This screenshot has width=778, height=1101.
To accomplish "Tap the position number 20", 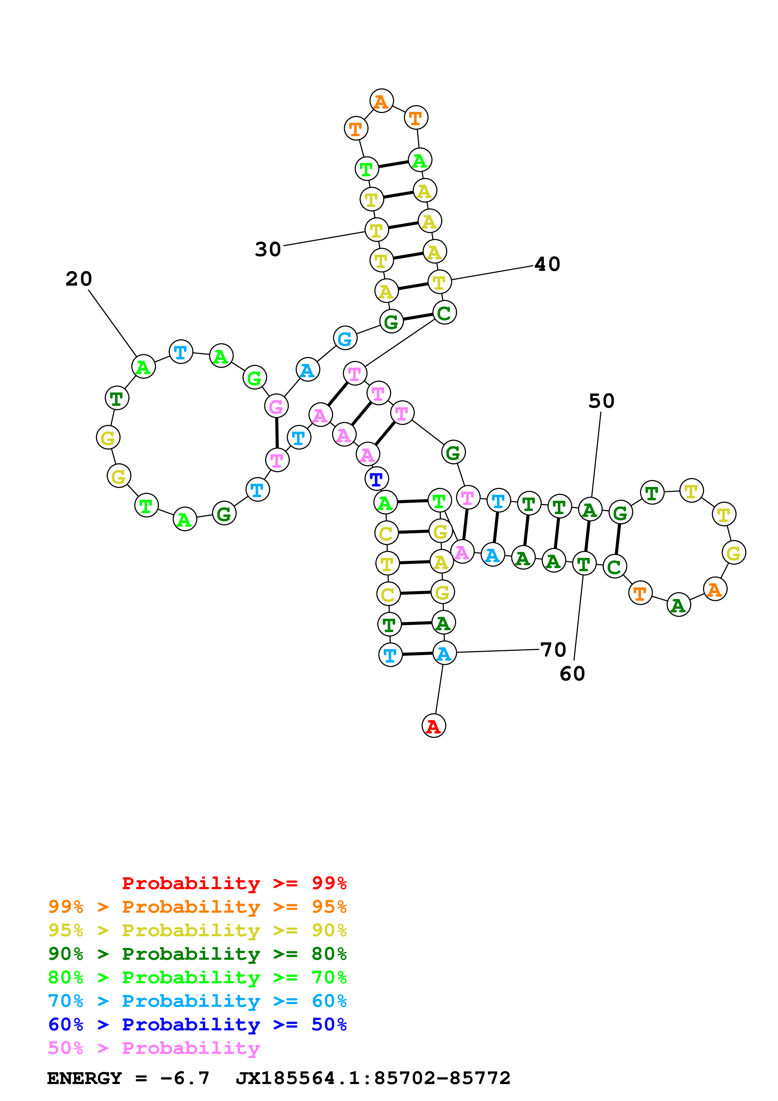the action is [x=78, y=279].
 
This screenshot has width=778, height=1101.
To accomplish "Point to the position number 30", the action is [x=267, y=249].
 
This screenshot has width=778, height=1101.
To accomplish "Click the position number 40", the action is [x=547, y=264].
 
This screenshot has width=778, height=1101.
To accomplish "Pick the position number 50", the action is [x=601, y=401].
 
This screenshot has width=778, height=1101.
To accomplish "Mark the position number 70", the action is [x=553, y=650].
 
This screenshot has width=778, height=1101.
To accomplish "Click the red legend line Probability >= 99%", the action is [x=234, y=883].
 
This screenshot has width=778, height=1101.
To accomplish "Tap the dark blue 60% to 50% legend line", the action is [x=197, y=1024].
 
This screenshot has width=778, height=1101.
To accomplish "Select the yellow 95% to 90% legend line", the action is [x=197, y=930].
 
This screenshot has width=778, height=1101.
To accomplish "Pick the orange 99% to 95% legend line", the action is [x=197, y=907].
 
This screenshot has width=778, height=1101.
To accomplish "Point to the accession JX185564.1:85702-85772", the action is [x=373, y=1078].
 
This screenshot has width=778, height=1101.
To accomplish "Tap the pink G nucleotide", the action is [x=276, y=406].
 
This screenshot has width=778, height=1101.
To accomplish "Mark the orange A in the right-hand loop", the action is [x=715, y=589].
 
